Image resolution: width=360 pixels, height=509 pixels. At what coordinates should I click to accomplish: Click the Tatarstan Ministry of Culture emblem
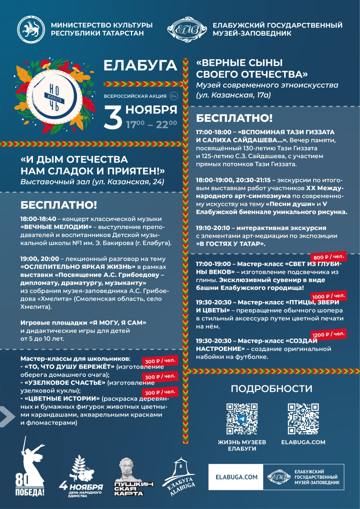pos(31,29)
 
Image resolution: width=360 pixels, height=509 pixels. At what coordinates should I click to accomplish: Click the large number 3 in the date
pos(113,117)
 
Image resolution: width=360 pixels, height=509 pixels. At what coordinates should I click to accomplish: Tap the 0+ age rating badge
pos(174,96)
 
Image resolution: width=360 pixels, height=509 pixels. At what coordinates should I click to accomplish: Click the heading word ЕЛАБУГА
pos(140,66)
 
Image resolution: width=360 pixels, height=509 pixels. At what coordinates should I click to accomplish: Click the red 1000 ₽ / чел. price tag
pos(328,296)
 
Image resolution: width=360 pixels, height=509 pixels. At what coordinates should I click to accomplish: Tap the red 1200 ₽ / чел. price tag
pos(328,334)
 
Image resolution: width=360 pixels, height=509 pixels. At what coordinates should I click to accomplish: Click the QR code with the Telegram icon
pos(242,419)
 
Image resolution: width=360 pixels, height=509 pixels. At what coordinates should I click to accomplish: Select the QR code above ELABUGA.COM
pos(303,419)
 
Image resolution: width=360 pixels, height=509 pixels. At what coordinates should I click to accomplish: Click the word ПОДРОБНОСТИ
pos(272,388)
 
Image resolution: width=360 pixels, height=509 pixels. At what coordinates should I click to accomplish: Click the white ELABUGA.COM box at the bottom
pos(236,477)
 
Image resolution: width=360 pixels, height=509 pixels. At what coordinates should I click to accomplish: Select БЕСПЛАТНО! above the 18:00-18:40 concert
pos(59,205)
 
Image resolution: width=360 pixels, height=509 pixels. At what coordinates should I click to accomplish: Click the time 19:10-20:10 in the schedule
pos(213,228)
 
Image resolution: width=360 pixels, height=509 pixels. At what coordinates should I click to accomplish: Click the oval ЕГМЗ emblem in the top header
pos(185,30)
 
